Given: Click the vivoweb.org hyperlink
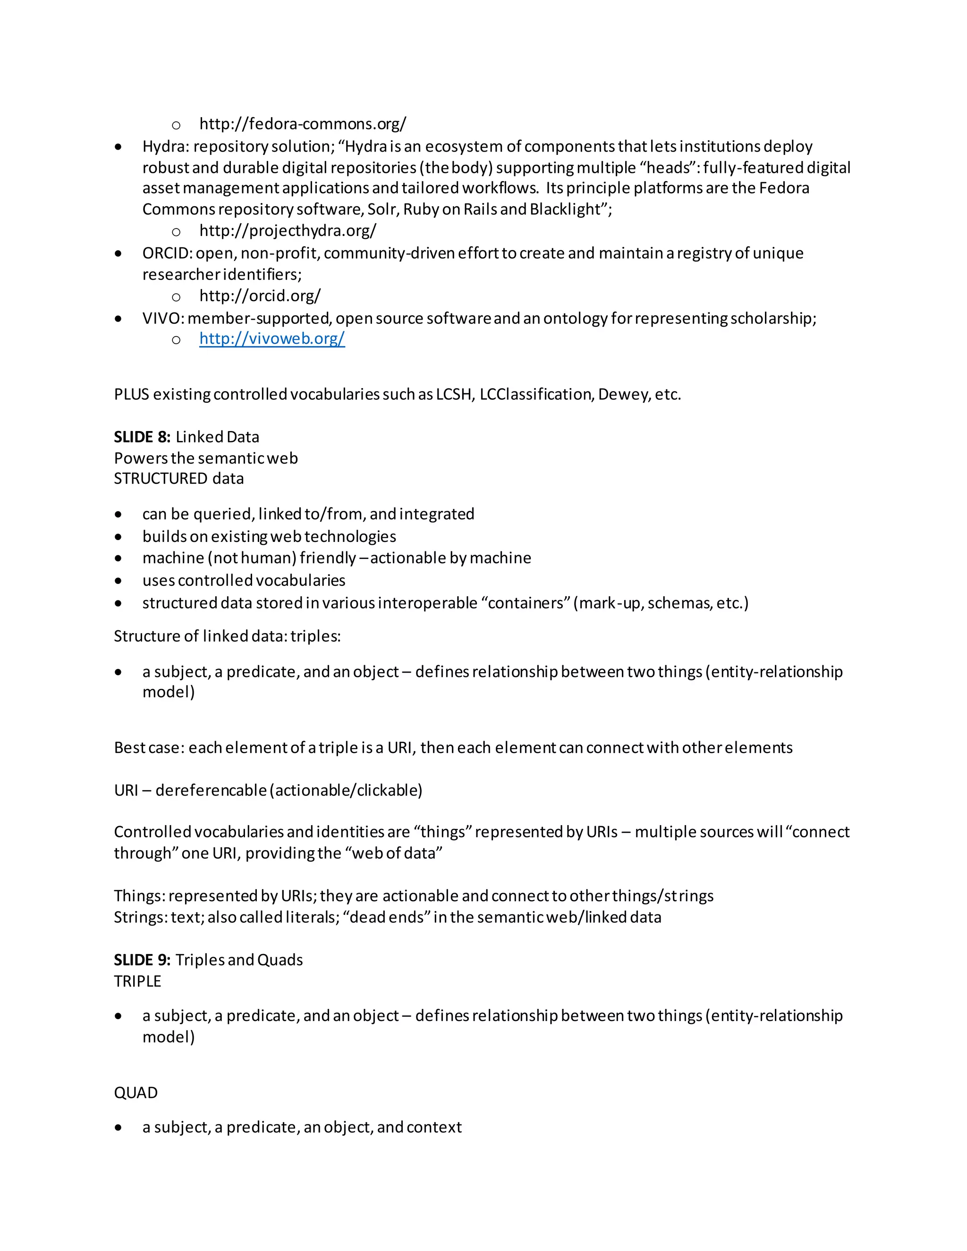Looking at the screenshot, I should [271, 338].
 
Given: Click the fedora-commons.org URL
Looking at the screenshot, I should [303, 124].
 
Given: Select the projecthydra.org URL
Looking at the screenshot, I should [288, 230].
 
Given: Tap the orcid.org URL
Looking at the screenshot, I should [260, 296].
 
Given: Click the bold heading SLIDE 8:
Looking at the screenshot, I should [142, 437].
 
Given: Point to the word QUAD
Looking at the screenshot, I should [136, 1093].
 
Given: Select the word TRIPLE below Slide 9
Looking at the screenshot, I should [137, 981].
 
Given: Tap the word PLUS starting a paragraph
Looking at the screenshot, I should [131, 395].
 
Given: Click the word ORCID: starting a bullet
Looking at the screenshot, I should [167, 253].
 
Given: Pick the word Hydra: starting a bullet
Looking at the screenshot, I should [166, 147].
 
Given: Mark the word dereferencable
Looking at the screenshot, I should [211, 790].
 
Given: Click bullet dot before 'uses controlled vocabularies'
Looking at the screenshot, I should [118, 581].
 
